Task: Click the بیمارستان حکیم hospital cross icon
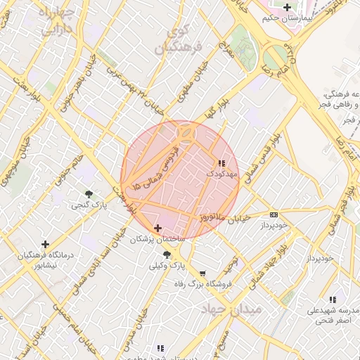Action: [x=286, y=8]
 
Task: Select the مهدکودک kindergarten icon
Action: [x=223, y=163]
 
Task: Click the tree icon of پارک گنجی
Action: [x=89, y=194]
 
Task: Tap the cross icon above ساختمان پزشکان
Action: [x=157, y=228]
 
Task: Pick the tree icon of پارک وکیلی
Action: [x=167, y=255]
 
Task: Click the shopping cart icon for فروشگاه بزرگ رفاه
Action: [x=203, y=274]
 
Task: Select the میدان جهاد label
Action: [x=231, y=309]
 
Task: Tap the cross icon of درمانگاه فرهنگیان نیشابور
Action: [x=46, y=244]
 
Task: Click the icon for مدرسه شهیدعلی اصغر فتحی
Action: [x=332, y=300]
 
